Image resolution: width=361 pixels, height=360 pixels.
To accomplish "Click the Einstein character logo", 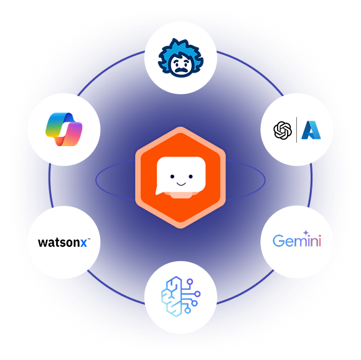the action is tap(180, 58).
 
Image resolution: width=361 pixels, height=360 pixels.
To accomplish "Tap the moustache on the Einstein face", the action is tap(181, 70).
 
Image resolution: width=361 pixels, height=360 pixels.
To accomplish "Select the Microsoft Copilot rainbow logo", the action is tap(63, 129).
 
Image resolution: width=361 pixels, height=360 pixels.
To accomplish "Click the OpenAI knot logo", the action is tap(283, 130).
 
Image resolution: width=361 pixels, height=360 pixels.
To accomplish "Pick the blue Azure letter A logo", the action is tap(311, 130).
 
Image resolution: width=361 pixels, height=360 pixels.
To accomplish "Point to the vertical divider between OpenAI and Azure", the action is tap(296, 130).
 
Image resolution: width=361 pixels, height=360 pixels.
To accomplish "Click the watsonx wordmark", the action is tap(64, 242).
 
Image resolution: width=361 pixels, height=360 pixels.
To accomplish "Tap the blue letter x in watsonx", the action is tap(83, 243).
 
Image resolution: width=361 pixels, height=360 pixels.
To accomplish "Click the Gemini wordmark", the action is tap(297, 239).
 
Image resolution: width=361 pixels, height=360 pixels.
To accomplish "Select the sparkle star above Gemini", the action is tap(306, 233).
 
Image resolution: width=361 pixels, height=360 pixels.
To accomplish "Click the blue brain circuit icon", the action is tap(180, 297).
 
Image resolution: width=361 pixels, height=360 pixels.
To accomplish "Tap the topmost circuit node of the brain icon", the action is tap(190, 282).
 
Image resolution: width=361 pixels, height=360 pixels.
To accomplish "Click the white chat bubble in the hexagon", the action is tap(180, 176).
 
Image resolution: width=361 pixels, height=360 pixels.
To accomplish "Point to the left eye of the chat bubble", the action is tap(172, 177).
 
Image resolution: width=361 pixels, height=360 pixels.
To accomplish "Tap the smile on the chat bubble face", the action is tap(181, 184).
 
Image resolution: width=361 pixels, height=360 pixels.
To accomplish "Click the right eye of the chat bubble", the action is tap(190, 177).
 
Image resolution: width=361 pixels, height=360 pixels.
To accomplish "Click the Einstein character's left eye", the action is tap(176, 62).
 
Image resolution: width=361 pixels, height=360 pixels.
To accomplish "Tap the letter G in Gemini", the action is tap(279, 241).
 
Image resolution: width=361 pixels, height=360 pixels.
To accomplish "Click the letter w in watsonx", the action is tap(43, 243).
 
